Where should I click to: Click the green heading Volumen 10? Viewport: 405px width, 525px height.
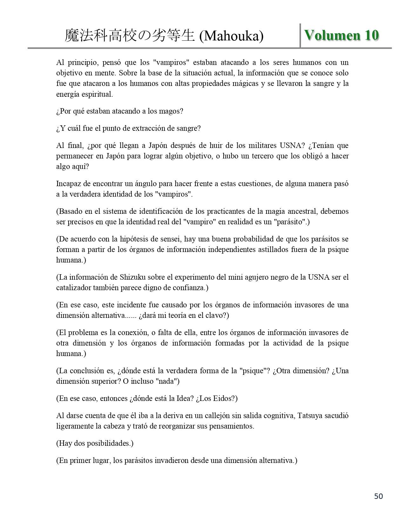(341, 35)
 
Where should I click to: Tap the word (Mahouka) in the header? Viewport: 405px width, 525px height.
(231, 36)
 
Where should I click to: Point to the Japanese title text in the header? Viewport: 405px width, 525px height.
(129, 36)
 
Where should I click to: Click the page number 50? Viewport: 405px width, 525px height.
(379, 496)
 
